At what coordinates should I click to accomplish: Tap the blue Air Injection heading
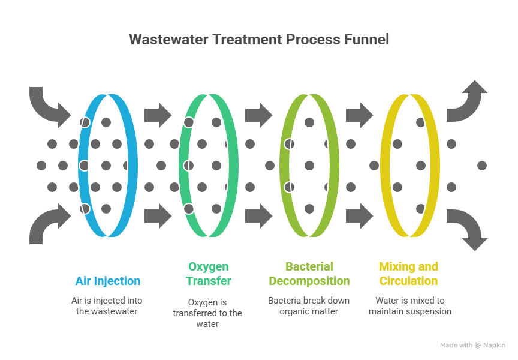click(x=108, y=281)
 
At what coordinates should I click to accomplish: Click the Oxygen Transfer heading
click(x=209, y=274)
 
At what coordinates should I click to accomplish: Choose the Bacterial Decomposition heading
click(x=309, y=274)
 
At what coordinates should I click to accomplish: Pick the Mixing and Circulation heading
click(x=409, y=274)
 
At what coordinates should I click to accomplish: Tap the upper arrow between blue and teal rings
click(x=158, y=114)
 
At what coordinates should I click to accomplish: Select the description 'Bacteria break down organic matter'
click(x=309, y=306)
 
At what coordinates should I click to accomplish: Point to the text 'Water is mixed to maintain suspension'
click(x=409, y=306)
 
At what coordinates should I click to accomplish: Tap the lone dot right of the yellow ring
click(x=481, y=165)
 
